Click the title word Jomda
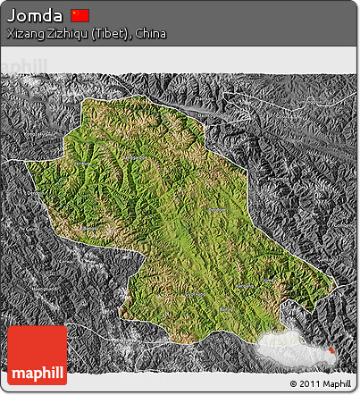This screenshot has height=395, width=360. click(x=35, y=16)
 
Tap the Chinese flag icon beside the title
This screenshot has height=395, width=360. click(x=80, y=15)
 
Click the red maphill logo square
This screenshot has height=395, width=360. click(x=37, y=356)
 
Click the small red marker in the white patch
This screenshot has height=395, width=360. click(x=333, y=350)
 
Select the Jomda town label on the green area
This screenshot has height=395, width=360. click(x=214, y=209)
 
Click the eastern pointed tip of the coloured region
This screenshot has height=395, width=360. click(x=338, y=284)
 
